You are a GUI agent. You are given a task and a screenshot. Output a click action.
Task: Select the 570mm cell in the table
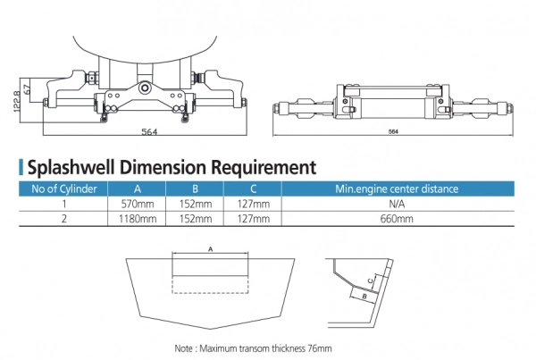coord(137,204)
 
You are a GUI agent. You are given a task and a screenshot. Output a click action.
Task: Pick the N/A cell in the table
coord(396,204)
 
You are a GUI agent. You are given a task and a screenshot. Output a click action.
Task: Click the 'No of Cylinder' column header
coord(63,188)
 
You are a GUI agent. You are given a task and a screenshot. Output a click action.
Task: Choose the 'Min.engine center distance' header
coord(396,188)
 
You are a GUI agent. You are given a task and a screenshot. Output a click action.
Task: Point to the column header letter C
coord(253,188)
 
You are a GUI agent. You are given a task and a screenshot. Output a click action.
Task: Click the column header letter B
coord(195,188)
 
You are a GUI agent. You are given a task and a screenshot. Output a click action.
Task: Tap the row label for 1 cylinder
coord(63,204)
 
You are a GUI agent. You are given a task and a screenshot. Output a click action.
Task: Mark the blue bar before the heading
coord(21,166)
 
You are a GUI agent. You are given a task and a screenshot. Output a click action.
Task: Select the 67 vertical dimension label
coord(29,89)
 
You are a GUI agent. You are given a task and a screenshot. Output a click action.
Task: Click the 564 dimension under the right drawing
coord(393,132)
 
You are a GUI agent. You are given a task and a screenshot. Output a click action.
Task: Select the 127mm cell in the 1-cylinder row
coord(253,204)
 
